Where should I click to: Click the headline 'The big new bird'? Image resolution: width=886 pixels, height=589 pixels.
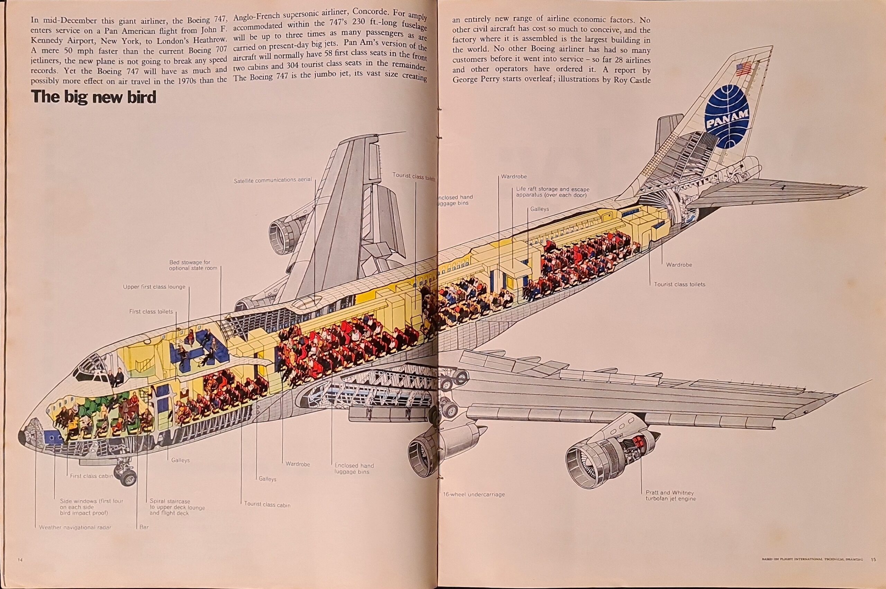[x=93, y=97]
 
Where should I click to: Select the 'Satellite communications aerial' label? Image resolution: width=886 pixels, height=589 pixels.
[x=273, y=180]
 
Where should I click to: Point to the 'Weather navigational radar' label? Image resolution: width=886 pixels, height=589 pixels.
[x=75, y=527]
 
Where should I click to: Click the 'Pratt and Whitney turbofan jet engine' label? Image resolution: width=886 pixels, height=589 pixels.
[x=670, y=496]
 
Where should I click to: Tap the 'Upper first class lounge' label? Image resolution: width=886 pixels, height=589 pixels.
[x=154, y=287]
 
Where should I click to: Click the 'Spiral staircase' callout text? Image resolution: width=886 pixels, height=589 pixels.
[x=177, y=507]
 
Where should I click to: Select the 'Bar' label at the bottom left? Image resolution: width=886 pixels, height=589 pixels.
[x=144, y=527]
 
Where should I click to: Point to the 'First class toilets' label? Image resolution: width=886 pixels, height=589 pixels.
[x=151, y=311]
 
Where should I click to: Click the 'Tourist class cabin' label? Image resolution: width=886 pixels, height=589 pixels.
[x=267, y=505]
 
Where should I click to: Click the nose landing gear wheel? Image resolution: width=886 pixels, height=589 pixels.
[x=128, y=478]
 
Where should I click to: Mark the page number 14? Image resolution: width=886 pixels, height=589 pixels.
[x=20, y=570]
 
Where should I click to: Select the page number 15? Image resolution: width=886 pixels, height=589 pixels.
[x=874, y=570]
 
